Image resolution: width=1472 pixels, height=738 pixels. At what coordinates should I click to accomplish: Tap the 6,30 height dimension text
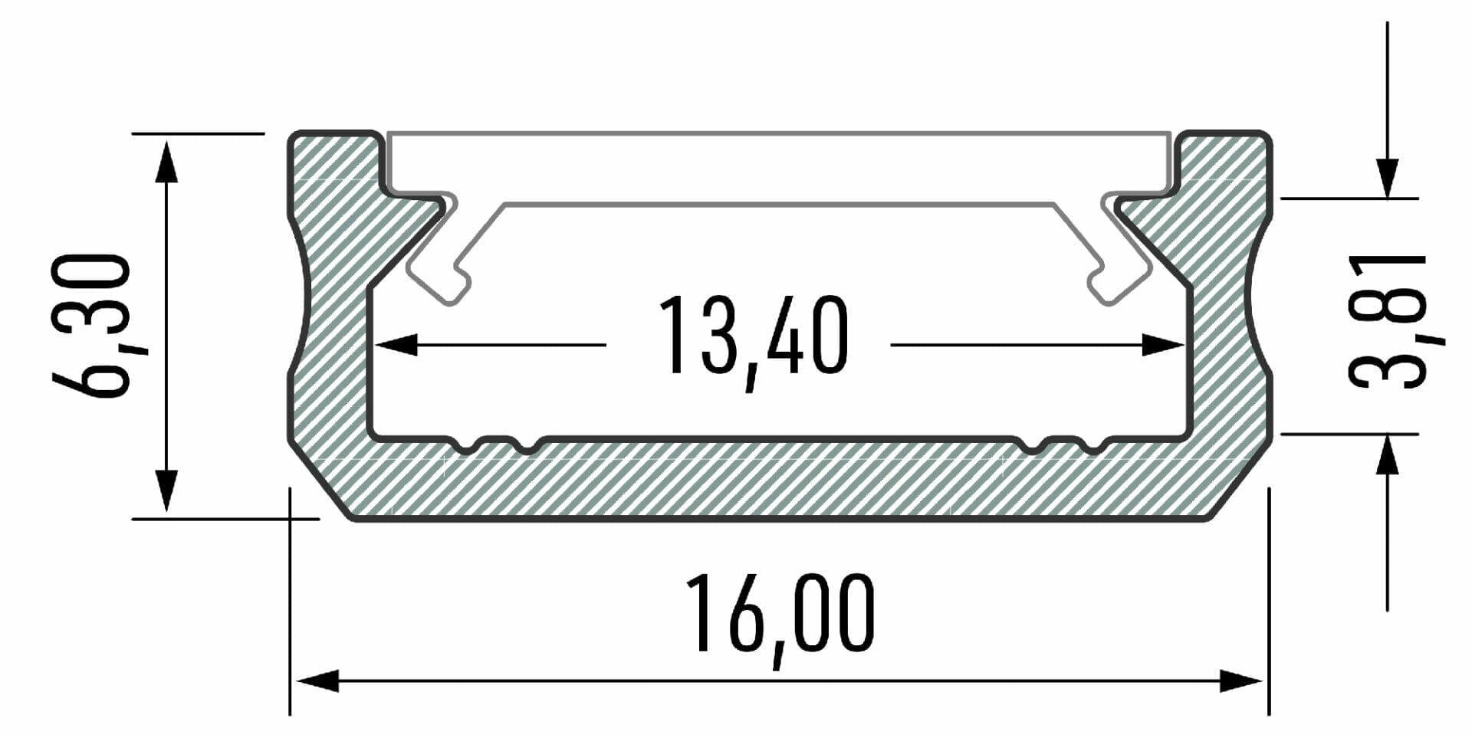tap(90, 326)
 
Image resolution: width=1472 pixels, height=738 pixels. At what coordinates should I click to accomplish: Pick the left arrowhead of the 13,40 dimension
tap(396, 345)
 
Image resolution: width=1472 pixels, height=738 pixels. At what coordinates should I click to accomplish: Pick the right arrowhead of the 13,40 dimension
tap(1163, 345)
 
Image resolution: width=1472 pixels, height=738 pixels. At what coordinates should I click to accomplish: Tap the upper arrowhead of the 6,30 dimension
tap(166, 161)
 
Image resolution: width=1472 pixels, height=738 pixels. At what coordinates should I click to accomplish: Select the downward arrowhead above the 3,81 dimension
tap(1387, 178)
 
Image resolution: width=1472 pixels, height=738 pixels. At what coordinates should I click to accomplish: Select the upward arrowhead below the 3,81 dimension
tap(1387, 454)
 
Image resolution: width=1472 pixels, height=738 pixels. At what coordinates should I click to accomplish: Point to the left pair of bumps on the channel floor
tap(495, 444)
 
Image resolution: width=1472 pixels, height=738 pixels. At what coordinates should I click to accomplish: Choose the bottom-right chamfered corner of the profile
tap(1240, 483)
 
